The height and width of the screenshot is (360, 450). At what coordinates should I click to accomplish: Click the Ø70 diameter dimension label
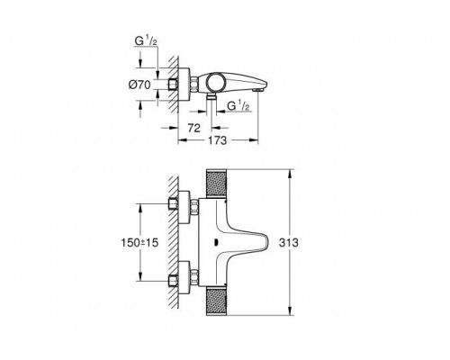(x=140, y=83)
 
